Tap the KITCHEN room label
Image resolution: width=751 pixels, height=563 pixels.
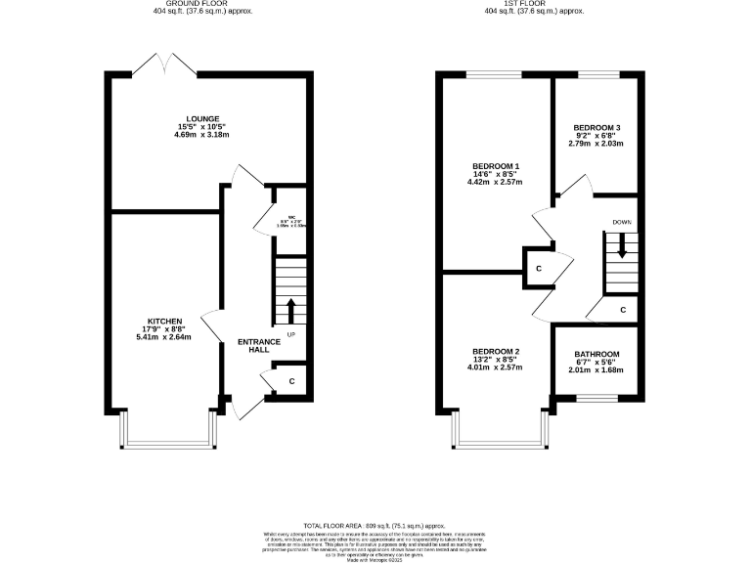(163, 321)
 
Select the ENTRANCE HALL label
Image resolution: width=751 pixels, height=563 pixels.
(259, 345)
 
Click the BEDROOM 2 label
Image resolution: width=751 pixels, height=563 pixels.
(496, 351)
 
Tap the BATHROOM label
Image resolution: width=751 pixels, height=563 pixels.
(596, 354)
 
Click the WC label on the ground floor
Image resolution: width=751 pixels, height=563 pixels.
(291, 217)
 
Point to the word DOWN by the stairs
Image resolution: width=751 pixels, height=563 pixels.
(622, 222)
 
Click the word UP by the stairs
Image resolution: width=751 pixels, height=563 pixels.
(291, 335)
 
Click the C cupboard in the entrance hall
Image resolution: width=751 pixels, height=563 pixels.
(291, 379)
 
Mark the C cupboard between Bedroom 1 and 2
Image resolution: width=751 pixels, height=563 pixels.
(539, 268)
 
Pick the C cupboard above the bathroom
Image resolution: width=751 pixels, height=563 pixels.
(623, 310)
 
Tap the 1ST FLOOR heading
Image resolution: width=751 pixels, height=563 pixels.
(535, 4)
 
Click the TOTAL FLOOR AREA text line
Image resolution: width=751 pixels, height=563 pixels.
(375, 524)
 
